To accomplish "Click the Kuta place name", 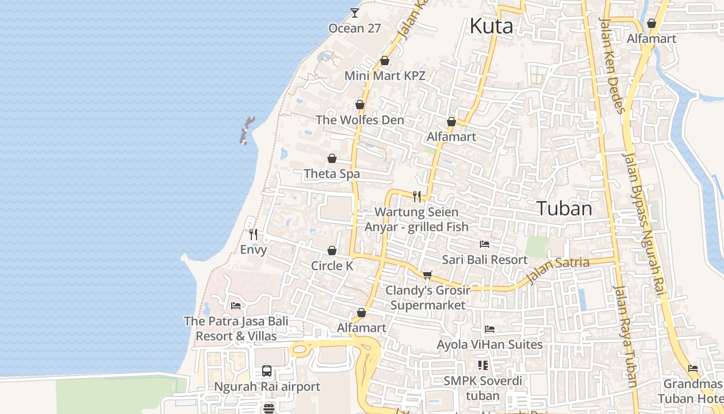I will (491, 26).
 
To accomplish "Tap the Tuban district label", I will (564, 208).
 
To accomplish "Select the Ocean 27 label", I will (355, 28).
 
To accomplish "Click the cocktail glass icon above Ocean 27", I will (355, 12).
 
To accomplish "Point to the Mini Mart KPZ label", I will (385, 76).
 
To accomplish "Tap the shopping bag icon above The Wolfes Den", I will (360, 105).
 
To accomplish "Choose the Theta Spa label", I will (332, 174).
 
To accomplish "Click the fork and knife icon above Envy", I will (253, 234).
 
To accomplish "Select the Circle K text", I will (332, 266).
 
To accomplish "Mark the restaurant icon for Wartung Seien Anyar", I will (417, 196).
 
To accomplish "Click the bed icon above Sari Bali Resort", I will (485, 244).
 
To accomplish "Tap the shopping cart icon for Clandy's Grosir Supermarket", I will (428, 275).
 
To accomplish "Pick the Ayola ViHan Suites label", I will (490, 345).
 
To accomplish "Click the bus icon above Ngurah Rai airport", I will (267, 371).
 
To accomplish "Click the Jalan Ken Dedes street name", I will (612, 65).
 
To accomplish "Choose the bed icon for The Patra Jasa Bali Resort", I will (236, 306).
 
